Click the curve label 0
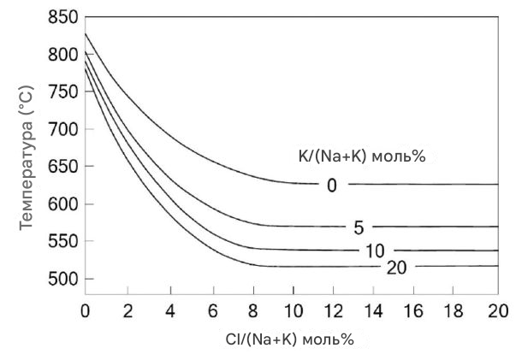(332, 186)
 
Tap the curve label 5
(359, 228)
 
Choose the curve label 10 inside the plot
(373, 251)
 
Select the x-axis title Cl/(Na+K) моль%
(290, 338)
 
